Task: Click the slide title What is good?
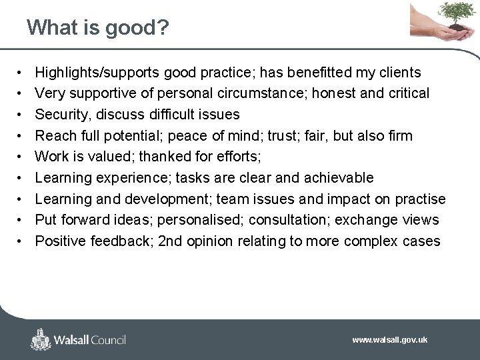coord(97,27)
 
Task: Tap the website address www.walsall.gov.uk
coord(389,340)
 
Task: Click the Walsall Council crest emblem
coord(41,339)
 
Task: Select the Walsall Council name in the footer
coord(90,340)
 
